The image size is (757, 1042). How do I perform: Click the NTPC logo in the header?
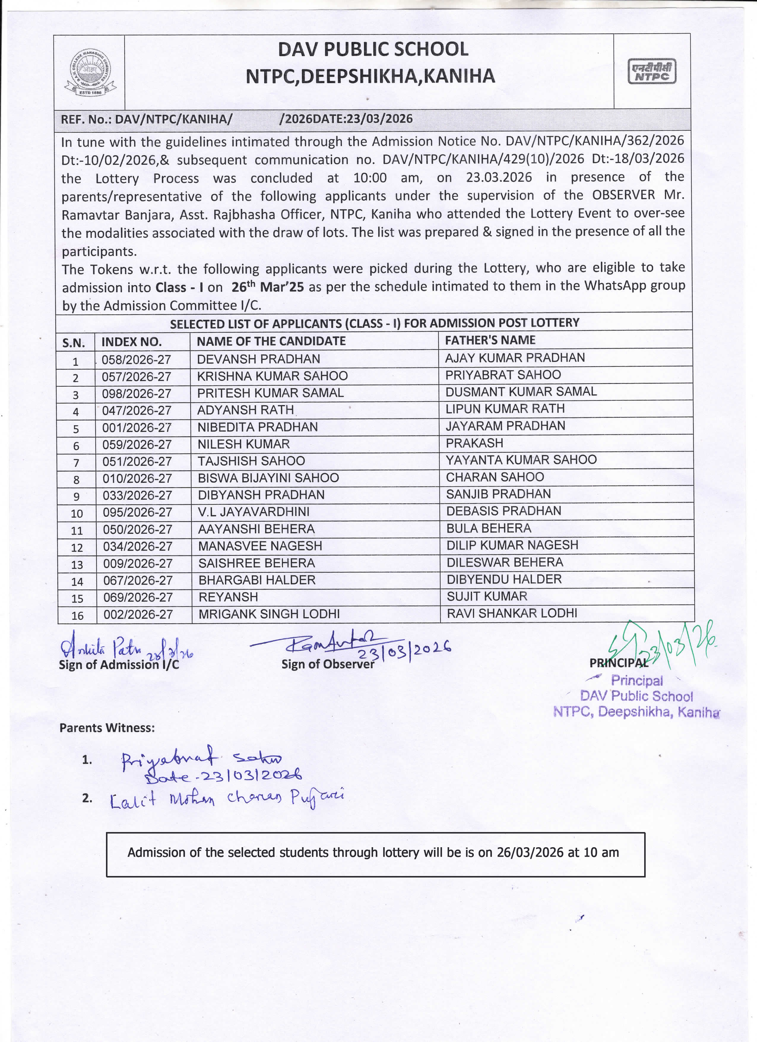(x=652, y=72)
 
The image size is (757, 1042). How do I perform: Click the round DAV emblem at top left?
(x=90, y=72)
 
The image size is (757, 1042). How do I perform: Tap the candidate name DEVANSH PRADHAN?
(x=258, y=359)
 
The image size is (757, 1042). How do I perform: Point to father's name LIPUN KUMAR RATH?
(x=505, y=408)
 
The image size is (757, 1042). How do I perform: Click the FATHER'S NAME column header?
(x=490, y=340)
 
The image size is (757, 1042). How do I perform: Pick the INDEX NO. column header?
(x=132, y=342)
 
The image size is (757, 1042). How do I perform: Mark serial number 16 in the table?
(x=77, y=616)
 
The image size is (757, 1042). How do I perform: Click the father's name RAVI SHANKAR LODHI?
(x=512, y=613)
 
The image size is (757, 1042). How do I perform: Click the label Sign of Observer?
(x=327, y=664)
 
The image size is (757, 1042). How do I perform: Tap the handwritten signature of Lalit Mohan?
(x=227, y=799)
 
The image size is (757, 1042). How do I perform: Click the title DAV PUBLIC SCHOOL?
(x=373, y=50)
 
